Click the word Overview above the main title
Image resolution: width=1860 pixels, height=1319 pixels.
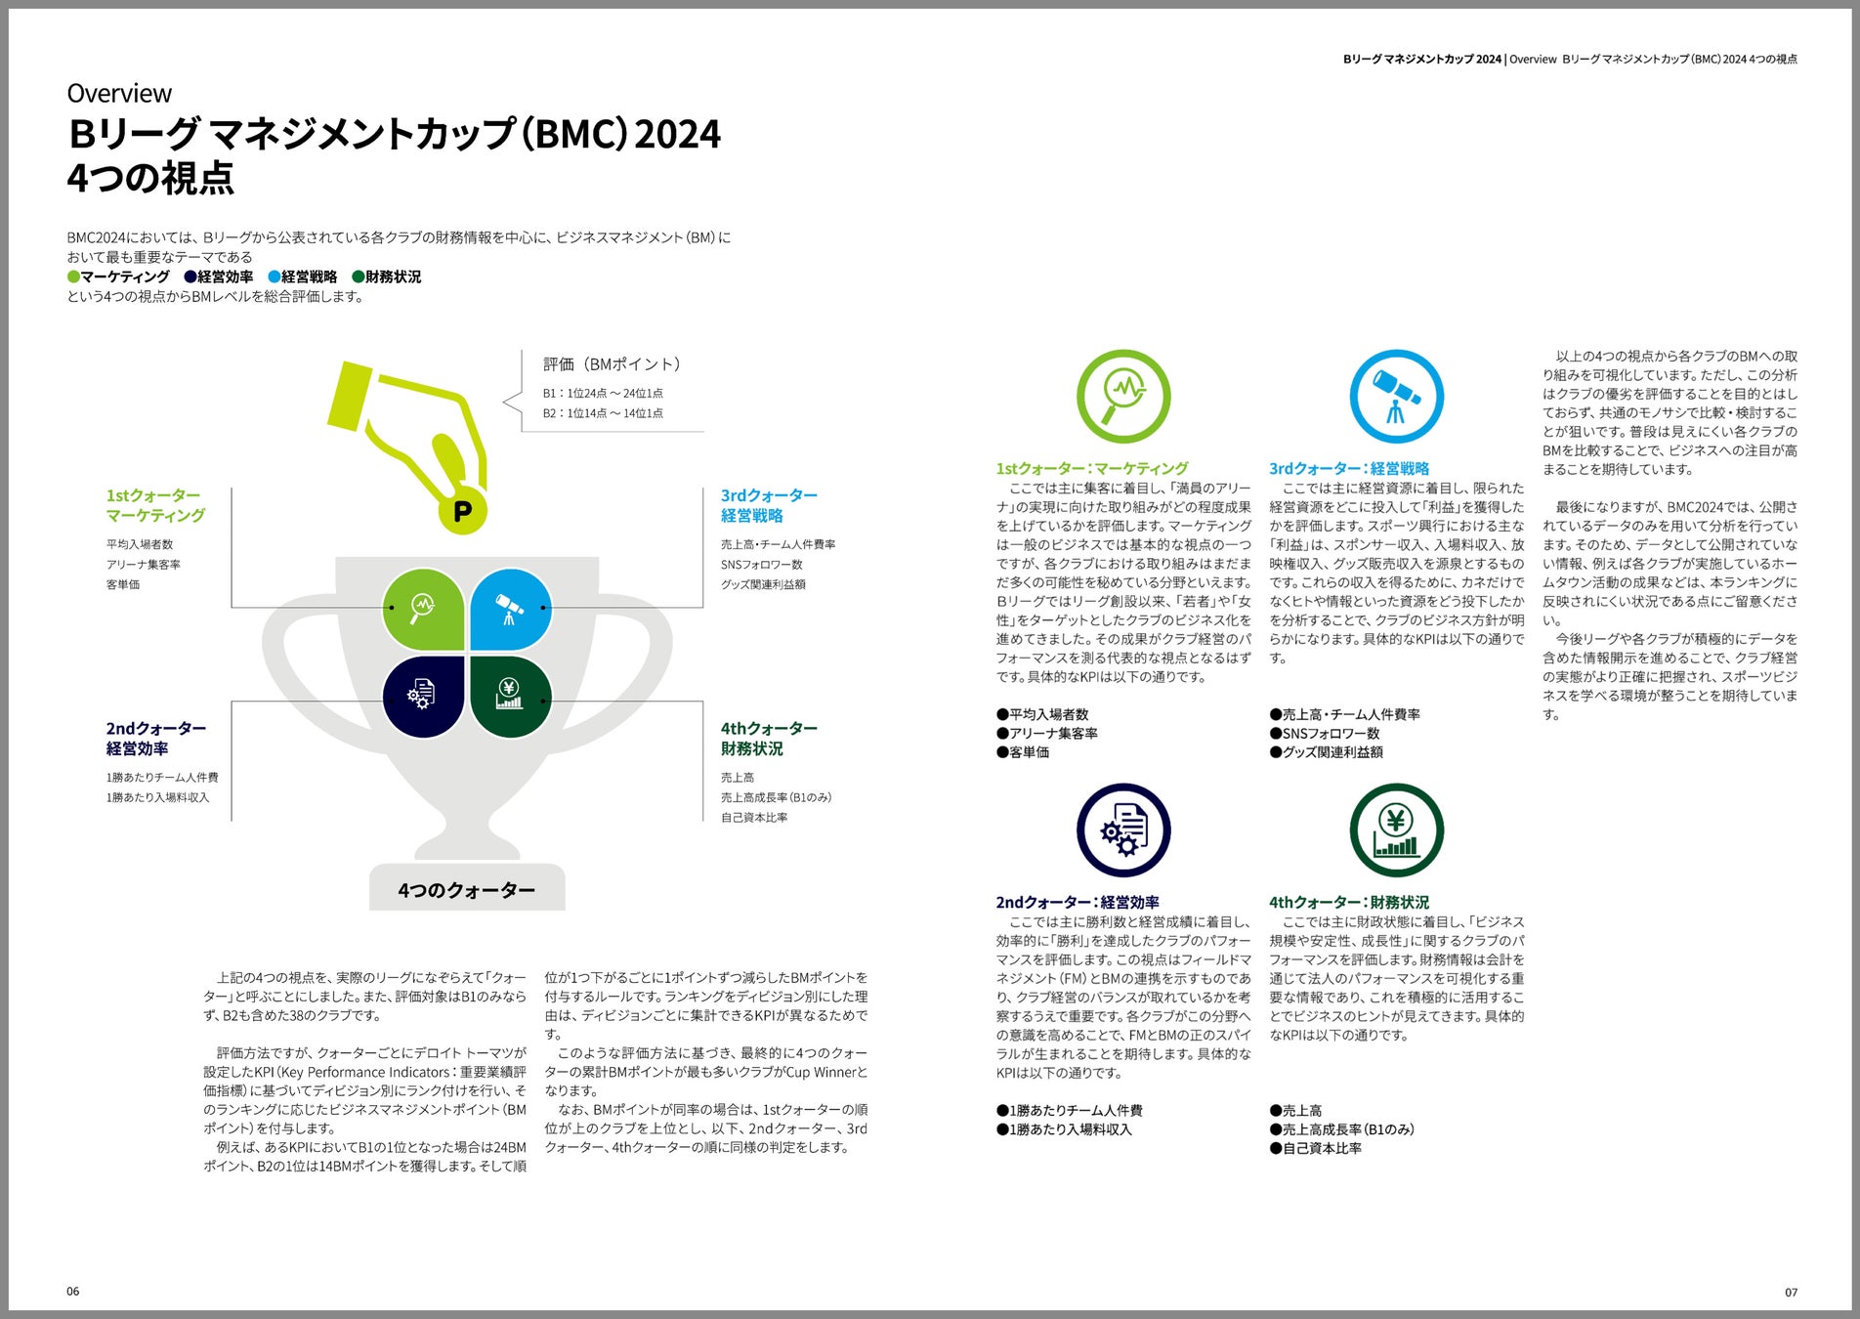coord(119,94)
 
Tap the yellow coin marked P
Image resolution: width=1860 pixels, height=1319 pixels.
coord(462,510)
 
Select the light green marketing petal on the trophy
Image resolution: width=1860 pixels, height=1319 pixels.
coord(423,609)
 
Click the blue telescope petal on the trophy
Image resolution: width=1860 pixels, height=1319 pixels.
coord(510,609)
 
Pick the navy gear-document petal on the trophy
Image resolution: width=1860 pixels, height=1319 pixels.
coord(423,696)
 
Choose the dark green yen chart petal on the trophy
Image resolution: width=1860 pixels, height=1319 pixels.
coord(510,696)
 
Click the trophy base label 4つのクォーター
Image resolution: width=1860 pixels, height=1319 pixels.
coord(466,890)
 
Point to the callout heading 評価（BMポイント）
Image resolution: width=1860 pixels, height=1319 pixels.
coord(612,364)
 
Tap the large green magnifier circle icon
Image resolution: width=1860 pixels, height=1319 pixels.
coord(1123,396)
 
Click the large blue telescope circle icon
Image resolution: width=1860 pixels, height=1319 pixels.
coord(1396,396)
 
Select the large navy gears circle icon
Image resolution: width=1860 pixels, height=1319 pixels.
coord(1123,830)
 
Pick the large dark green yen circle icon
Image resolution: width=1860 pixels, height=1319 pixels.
coord(1396,830)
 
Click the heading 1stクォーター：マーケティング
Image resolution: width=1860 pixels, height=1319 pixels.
coord(1092,468)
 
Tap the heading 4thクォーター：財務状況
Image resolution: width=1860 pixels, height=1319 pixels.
coord(1349,902)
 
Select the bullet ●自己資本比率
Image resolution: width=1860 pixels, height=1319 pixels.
coord(1316,1148)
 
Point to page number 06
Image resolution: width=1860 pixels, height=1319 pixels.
coord(73,1291)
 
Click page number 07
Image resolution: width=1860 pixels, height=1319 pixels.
coord(1791,1292)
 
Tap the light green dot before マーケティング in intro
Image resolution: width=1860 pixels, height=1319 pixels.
coord(73,277)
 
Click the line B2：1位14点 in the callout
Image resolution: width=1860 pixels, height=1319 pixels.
coord(603,413)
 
